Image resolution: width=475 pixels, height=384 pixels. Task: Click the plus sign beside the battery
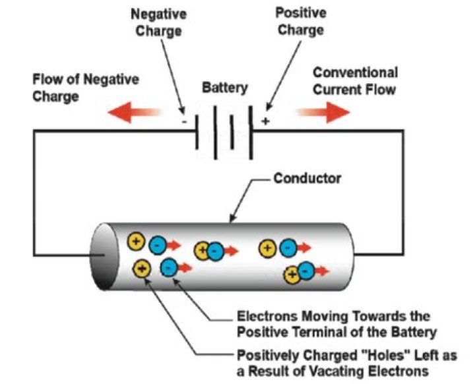(266, 121)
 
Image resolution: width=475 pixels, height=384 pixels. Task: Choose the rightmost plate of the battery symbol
(251, 131)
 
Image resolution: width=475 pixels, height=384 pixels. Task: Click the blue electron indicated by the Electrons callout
(168, 268)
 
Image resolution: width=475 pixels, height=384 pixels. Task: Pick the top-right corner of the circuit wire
(402, 131)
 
